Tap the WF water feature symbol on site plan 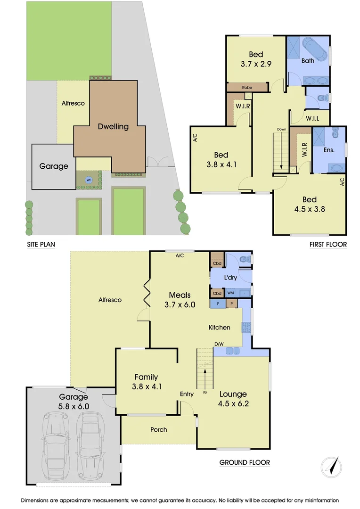[88, 180]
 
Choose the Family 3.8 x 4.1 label [146, 382]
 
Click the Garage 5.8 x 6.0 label [74, 401]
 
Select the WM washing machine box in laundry [231, 293]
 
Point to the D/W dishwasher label [218, 344]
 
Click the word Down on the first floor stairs [281, 129]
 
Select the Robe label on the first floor [247, 88]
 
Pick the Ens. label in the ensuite [329, 150]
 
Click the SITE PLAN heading [43, 245]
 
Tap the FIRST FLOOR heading [328, 244]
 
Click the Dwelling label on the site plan [113, 126]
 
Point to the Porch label [159, 429]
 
